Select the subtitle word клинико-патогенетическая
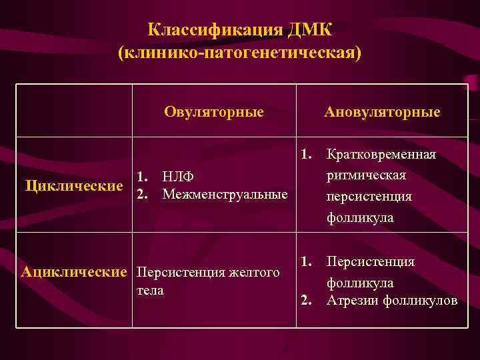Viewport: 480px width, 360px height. click(240, 53)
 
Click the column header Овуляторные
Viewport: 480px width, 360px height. click(214, 111)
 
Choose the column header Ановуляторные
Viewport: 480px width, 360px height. click(382, 111)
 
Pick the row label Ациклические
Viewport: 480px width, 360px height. click(74, 271)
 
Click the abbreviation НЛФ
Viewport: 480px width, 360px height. click(177, 177)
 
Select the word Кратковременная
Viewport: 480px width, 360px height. click(381, 155)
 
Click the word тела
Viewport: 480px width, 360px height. click(150, 291)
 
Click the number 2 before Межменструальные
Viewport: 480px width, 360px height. click(142, 195)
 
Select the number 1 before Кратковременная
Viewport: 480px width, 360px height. click(306, 155)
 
